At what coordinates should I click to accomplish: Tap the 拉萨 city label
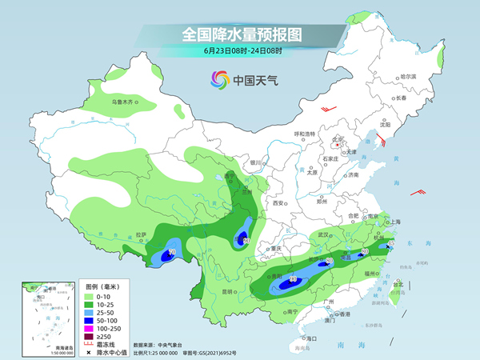[142, 235]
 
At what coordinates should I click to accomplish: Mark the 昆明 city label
[229, 291]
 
